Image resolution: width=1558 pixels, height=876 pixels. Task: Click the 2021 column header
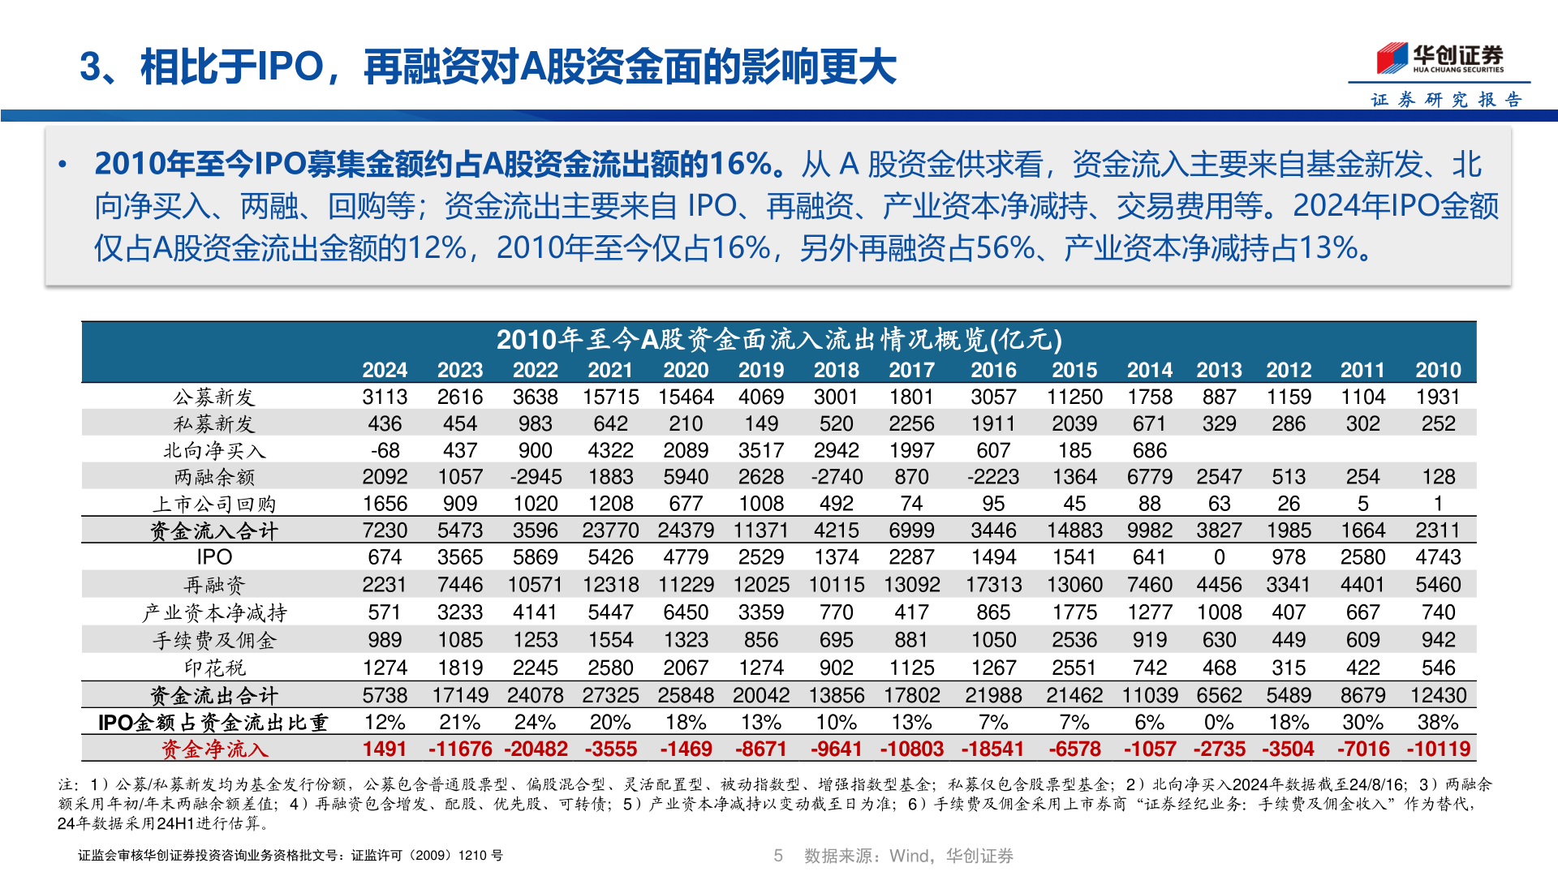610,370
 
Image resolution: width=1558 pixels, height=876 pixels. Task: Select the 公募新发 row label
214,397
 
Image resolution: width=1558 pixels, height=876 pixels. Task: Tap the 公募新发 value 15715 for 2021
610,397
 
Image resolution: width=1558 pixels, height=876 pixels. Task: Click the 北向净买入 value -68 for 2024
385,450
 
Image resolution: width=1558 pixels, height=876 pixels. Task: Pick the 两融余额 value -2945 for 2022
536,477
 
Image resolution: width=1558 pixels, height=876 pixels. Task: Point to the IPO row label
214,557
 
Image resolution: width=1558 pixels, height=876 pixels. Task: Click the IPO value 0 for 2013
1219,557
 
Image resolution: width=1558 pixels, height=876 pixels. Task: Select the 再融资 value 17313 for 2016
993,585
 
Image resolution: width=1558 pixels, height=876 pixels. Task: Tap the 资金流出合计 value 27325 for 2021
610,695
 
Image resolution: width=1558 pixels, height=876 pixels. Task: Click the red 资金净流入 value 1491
385,749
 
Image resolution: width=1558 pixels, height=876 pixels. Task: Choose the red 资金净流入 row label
214,749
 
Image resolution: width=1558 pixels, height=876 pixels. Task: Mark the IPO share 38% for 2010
1438,722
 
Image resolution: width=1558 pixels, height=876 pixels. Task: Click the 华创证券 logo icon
1392,58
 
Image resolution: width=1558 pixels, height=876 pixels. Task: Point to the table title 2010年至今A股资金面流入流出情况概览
779,339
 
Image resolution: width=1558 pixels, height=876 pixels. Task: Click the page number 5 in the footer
778,856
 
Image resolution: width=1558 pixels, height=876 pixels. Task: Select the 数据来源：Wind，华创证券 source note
908,856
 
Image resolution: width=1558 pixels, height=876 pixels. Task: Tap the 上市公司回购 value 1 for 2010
1438,504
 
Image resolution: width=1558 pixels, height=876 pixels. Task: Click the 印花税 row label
214,668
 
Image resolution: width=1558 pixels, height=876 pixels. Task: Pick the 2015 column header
1074,370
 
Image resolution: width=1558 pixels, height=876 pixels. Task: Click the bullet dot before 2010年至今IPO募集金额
62,165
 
